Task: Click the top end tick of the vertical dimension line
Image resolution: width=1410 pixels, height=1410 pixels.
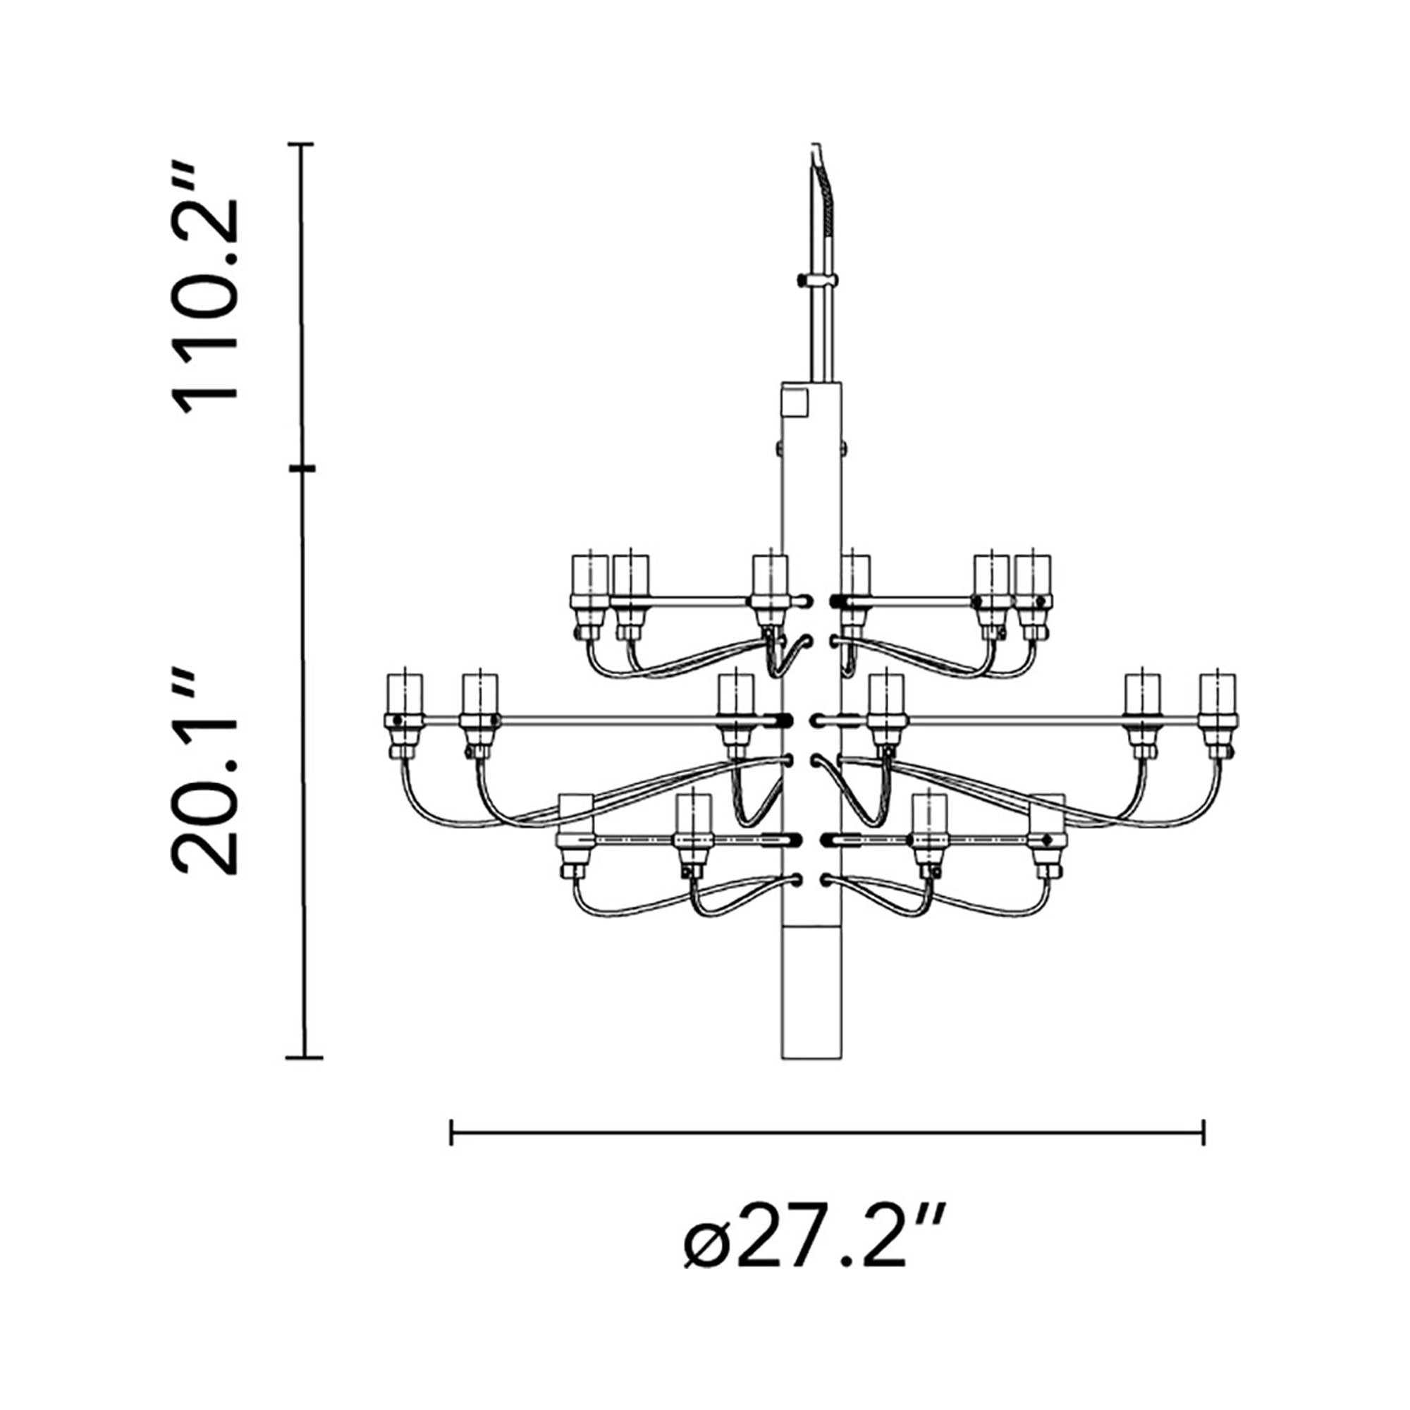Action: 301,145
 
